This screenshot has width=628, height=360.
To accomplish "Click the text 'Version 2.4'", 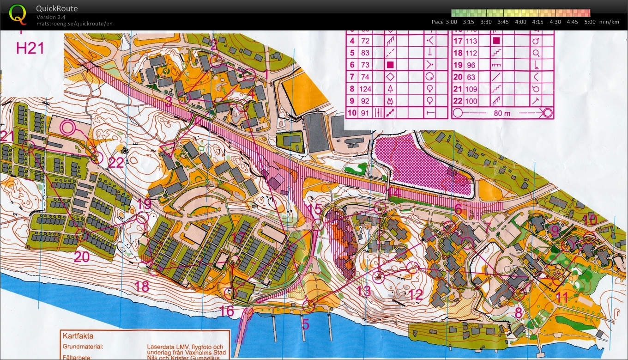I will pos(51,18).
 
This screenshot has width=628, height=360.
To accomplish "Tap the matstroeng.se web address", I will pos(74,24).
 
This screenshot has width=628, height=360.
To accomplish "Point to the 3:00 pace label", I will pos(451,22).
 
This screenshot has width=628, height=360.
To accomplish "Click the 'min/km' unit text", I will pos(609,22).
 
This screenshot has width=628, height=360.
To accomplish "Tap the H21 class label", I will pos(30,48).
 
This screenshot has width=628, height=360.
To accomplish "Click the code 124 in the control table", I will pos(366,89).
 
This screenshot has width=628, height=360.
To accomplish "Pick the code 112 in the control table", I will pos(471,53).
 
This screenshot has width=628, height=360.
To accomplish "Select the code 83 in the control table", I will pos(366,53).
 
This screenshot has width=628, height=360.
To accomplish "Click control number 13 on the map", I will pos(364,291).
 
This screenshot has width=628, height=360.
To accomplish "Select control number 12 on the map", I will pos(416,294).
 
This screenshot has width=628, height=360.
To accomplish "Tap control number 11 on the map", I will pos(562,297).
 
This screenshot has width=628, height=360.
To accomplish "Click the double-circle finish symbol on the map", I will pos(67,127).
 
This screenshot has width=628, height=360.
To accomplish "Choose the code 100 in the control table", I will pos(471,101).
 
